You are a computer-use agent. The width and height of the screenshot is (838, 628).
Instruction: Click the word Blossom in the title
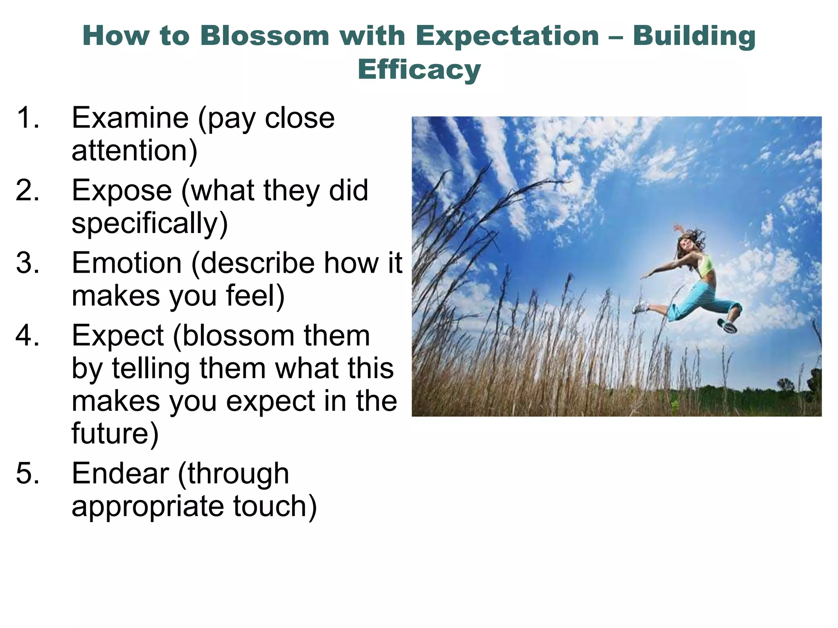coord(265,36)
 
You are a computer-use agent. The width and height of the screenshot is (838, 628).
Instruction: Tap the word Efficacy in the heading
coord(419,70)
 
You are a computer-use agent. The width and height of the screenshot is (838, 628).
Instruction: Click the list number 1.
coord(28,118)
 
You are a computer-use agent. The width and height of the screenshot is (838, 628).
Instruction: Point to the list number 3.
coord(28,263)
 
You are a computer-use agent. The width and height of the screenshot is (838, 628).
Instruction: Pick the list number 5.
coord(28,473)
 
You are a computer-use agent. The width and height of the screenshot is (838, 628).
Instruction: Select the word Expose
coord(122,191)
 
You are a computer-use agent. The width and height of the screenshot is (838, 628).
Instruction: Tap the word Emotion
coord(127,263)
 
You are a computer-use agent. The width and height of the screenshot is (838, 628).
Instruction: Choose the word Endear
coord(120,473)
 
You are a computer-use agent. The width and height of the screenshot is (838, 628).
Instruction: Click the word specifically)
coord(150,223)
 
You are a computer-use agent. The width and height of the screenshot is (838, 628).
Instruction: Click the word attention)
coord(134,150)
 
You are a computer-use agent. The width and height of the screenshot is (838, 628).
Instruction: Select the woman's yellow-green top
coord(705,265)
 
